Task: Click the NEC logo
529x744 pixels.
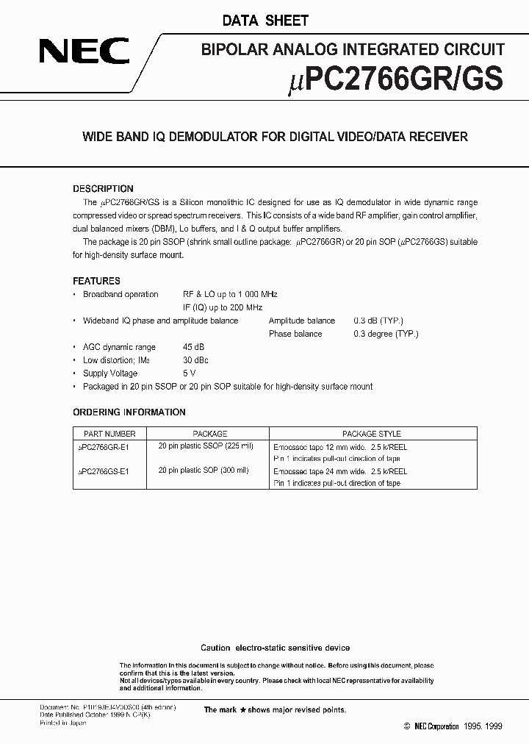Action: click(x=85, y=52)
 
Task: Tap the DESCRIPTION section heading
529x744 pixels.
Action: click(x=103, y=189)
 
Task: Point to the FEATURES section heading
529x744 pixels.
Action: click(x=96, y=281)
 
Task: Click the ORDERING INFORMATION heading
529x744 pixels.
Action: click(x=129, y=412)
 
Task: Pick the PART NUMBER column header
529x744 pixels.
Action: click(x=110, y=434)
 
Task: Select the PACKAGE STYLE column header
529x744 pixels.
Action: click(x=372, y=434)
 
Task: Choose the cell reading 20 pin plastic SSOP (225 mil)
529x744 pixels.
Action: click(x=204, y=446)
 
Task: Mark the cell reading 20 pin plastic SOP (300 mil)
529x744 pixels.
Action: click(x=204, y=471)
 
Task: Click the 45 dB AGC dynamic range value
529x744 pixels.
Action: click(x=194, y=347)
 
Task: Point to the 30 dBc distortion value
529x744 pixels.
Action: click(x=195, y=360)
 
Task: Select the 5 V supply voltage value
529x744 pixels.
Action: click(x=189, y=373)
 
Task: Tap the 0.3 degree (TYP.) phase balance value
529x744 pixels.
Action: click(x=386, y=334)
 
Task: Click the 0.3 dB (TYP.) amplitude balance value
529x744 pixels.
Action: click(x=378, y=321)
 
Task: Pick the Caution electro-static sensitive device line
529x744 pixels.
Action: click(x=276, y=648)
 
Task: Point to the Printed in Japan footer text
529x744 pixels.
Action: click(x=62, y=723)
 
